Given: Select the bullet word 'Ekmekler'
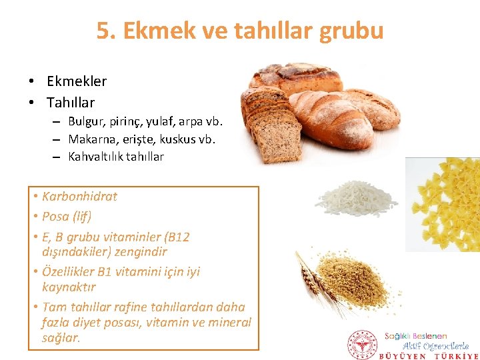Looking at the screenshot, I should pos(77,81).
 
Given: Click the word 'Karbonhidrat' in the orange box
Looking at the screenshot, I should pos(79,196).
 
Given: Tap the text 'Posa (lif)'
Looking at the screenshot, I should pos(67,216).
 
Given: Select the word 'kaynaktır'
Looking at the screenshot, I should pos(69,287).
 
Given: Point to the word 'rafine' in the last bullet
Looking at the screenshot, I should pos(141,307).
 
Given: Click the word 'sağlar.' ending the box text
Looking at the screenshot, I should pos(61,338).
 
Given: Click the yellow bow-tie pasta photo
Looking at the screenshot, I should pos(444,203).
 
